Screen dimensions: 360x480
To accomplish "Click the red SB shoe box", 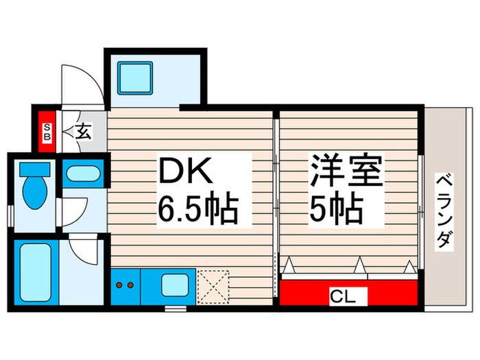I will click(47, 131).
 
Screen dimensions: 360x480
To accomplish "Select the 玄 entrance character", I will click(83, 130).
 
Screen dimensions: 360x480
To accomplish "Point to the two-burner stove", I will click(125, 284).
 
